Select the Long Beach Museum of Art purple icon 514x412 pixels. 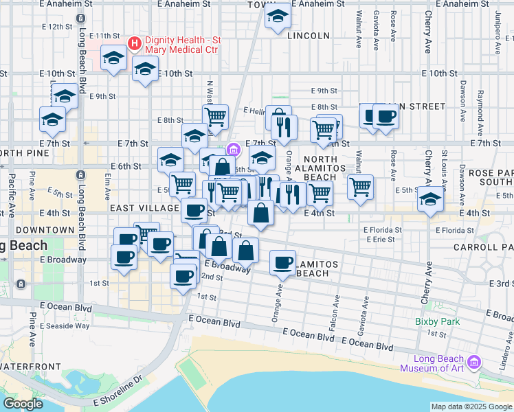(x=473, y=361)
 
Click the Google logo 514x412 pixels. (x=23, y=404)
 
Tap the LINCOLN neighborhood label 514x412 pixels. (x=309, y=35)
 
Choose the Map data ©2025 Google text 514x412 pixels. (x=471, y=407)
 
